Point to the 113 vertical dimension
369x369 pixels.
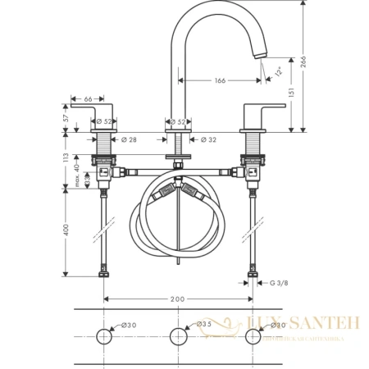point(64,158)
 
